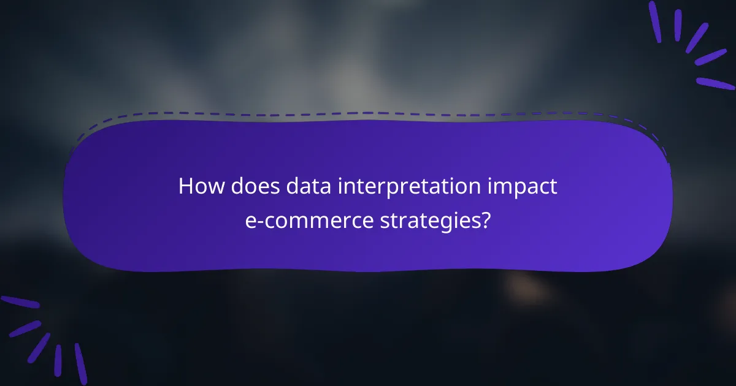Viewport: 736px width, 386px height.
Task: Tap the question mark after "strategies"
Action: pyautogui.click(x=486, y=220)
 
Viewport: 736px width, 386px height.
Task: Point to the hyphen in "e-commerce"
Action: pyautogui.click(x=258, y=222)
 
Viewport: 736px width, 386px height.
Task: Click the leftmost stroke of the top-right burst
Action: pyautogui.click(x=655, y=21)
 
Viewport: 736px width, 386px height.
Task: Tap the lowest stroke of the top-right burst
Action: pyautogui.click(x=715, y=83)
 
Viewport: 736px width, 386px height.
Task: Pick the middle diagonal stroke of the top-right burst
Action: pyautogui.click(x=697, y=37)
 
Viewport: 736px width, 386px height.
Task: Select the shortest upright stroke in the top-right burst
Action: pyautogui.click(x=678, y=25)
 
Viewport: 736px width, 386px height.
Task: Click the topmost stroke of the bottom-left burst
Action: pyautogui.click(x=20, y=302)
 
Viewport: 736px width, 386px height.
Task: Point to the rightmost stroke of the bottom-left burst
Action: pyautogui.click(x=80, y=363)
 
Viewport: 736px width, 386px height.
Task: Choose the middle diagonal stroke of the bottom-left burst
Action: pyautogui.click(x=39, y=347)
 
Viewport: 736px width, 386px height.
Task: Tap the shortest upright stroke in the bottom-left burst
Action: pyautogui.click(x=58, y=360)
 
